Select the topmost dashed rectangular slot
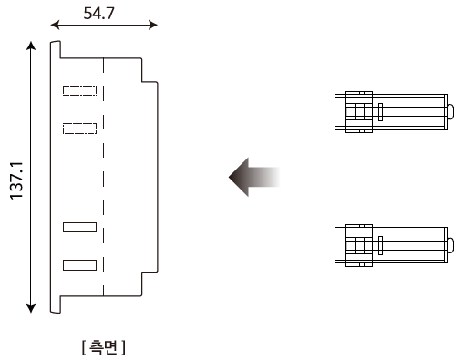tap(79, 90)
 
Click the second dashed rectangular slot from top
tap(79, 129)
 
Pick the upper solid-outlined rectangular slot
tap(79, 228)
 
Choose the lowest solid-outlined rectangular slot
tap(79, 264)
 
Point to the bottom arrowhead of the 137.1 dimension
tap(33, 307)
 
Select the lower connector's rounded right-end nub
tap(450, 244)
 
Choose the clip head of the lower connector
tap(357, 244)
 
